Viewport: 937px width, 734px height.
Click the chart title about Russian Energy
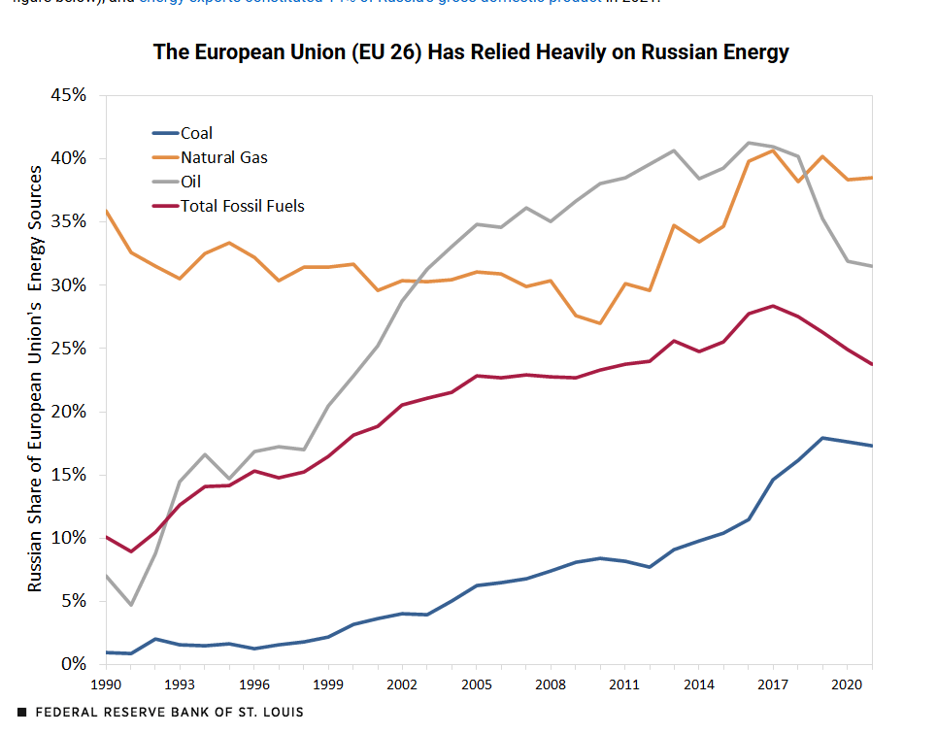pyautogui.click(x=471, y=52)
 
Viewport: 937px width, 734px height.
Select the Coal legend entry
pyautogui.click(x=196, y=134)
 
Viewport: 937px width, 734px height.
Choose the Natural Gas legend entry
pyautogui.click(x=223, y=157)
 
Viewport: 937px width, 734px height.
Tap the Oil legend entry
pyautogui.click(x=190, y=182)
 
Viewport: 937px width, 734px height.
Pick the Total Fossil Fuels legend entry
pyautogui.click(x=242, y=206)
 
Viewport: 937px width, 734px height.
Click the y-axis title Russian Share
pyautogui.click(x=35, y=379)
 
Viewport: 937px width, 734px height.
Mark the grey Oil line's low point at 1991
pyautogui.click(x=130, y=605)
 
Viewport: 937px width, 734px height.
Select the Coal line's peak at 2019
pyautogui.click(x=822, y=438)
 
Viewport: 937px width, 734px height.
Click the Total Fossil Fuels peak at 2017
pyautogui.click(x=773, y=306)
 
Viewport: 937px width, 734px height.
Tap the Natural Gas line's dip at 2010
pyautogui.click(x=599, y=323)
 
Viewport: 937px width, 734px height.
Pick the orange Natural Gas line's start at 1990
pyautogui.click(x=105, y=211)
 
